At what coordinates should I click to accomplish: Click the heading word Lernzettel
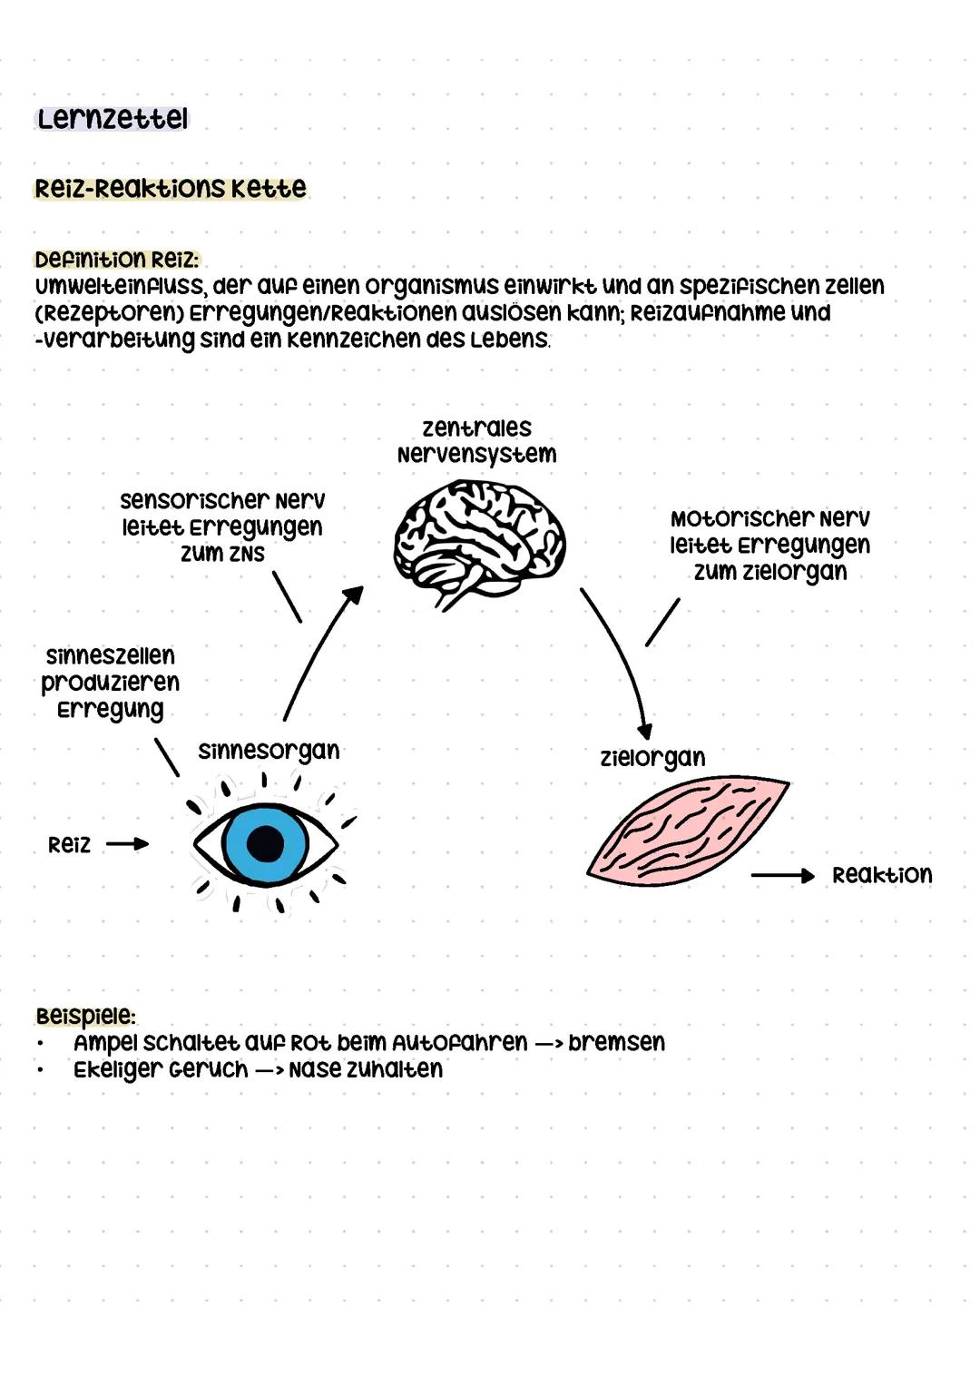click(x=112, y=119)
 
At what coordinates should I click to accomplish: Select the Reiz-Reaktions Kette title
click(x=171, y=189)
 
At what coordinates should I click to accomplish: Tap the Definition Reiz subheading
click(x=116, y=260)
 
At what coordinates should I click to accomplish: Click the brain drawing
click(x=478, y=543)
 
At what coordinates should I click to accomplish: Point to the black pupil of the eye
click(x=266, y=843)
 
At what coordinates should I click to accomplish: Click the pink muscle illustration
click(x=687, y=830)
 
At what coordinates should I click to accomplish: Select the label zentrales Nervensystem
click(x=476, y=441)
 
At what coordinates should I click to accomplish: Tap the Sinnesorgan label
click(x=269, y=751)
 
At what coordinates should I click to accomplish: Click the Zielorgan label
click(x=652, y=757)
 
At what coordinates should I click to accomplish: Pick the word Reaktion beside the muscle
click(x=882, y=875)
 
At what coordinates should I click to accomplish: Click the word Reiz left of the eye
click(x=70, y=845)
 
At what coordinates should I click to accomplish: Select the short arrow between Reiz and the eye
click(x=127, y=844)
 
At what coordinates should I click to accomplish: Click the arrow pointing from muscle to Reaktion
click(x=782, y=875)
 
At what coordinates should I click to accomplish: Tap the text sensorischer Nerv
click(x=222, y=501)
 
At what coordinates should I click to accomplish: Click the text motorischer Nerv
click(x=769, y=519)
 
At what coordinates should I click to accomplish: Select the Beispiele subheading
click(x=85, y=1015)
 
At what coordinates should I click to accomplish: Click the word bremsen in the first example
click(x=616, y=1042)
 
